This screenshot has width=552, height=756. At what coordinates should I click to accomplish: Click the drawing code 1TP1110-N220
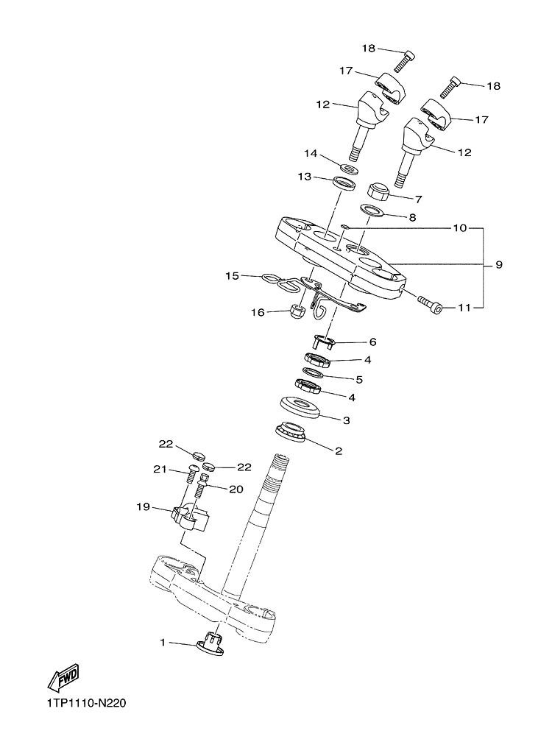[x=86, y=704]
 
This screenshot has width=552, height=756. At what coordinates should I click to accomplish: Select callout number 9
[x=499, y=265]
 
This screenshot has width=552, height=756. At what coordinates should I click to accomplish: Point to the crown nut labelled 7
[x=379, y=192]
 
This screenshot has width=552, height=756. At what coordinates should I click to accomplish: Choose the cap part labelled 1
[x=210, y=643]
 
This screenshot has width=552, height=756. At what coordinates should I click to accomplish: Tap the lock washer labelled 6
[x=324, y=342]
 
